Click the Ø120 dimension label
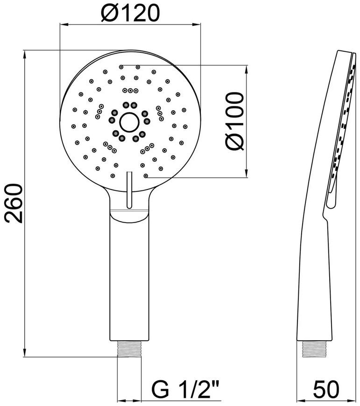tap(130, 13)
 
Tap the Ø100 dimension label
tap(235, 121)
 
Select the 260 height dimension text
tap(13, 203)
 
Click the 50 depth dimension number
tap(326, 389)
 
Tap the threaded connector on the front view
tap(129, 349)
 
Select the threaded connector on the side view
tap(314, 349)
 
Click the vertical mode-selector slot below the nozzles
tap(129, 189)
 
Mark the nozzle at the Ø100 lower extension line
tap(146, 176)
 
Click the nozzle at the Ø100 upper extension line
tap(121, 67)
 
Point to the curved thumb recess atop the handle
tap(129, 217)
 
